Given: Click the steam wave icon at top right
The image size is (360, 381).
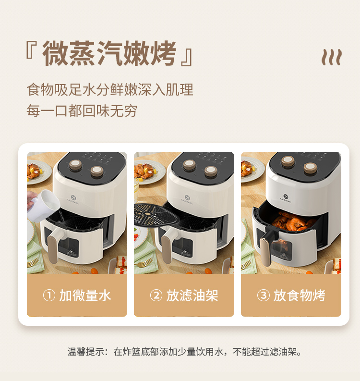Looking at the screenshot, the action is (x=332, y=57).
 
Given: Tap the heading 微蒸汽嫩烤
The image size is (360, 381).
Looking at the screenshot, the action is (x=109, y=53).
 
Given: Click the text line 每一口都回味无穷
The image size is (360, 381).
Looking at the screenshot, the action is (x=82, y=111).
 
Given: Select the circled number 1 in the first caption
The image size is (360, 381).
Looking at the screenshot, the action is (x=49, y=295).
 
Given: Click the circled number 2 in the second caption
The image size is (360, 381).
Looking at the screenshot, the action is (x=156, y=295).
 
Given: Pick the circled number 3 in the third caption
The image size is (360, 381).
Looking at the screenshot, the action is (x=264, y=295).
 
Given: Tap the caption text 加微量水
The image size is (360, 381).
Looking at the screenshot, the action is (x=85, y=295).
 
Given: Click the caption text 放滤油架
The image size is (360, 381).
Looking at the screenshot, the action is (x=192, y=295).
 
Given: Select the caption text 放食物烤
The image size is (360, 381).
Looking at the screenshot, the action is (x=300, y=295).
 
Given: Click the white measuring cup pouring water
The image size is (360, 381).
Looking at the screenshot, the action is (x=44, y=206).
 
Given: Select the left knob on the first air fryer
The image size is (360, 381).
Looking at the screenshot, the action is (x=75, y=164).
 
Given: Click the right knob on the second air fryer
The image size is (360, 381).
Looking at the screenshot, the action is (x=211, y=172).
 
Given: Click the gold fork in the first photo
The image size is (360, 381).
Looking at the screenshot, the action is (x=33, y=262).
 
